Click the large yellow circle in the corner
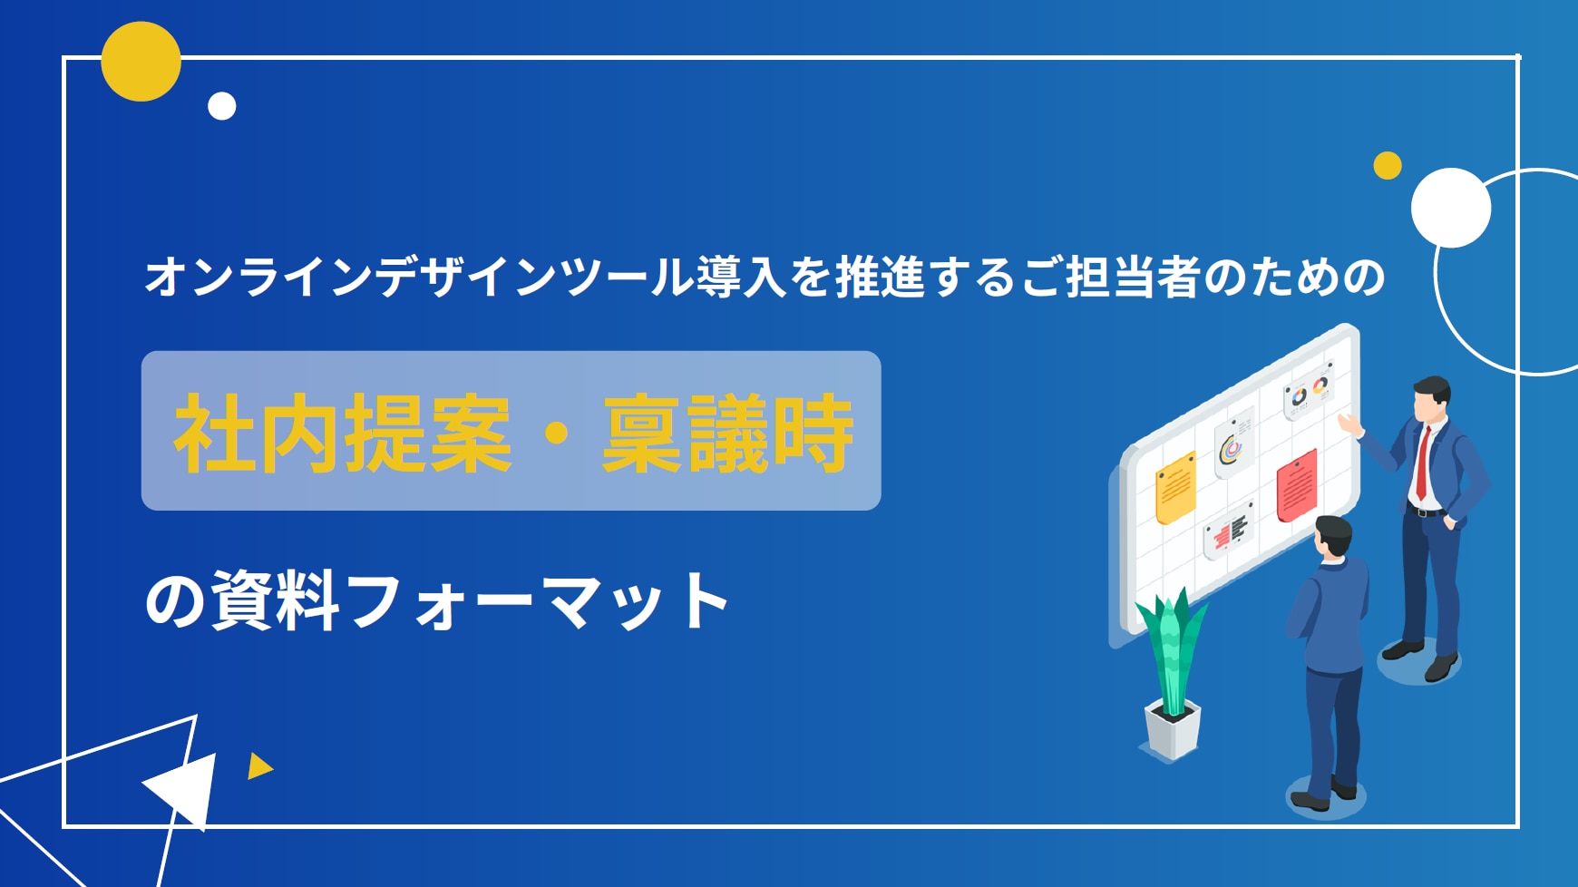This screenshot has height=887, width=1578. point(141,62)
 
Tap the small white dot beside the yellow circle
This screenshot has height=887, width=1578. point(222,106)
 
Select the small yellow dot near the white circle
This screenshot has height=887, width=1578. point(1388,165)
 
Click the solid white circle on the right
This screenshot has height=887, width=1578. point(1451,208)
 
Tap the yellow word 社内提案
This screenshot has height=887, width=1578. point(343,434)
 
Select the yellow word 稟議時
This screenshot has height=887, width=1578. point(727,434)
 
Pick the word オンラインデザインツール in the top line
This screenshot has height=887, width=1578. point(419,277)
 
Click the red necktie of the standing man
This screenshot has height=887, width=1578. point(1423,462)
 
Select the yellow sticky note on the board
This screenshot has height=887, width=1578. point(1175,488)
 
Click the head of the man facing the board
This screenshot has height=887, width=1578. point(1333,538)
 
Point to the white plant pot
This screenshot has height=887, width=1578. point(1172,729)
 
